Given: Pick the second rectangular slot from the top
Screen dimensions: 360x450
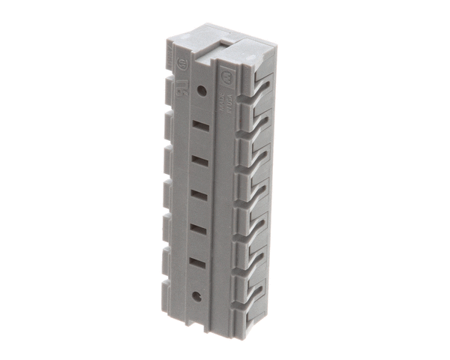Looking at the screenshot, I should click(199, 160).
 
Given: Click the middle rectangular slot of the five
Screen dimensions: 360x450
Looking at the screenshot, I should click(199, 194).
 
